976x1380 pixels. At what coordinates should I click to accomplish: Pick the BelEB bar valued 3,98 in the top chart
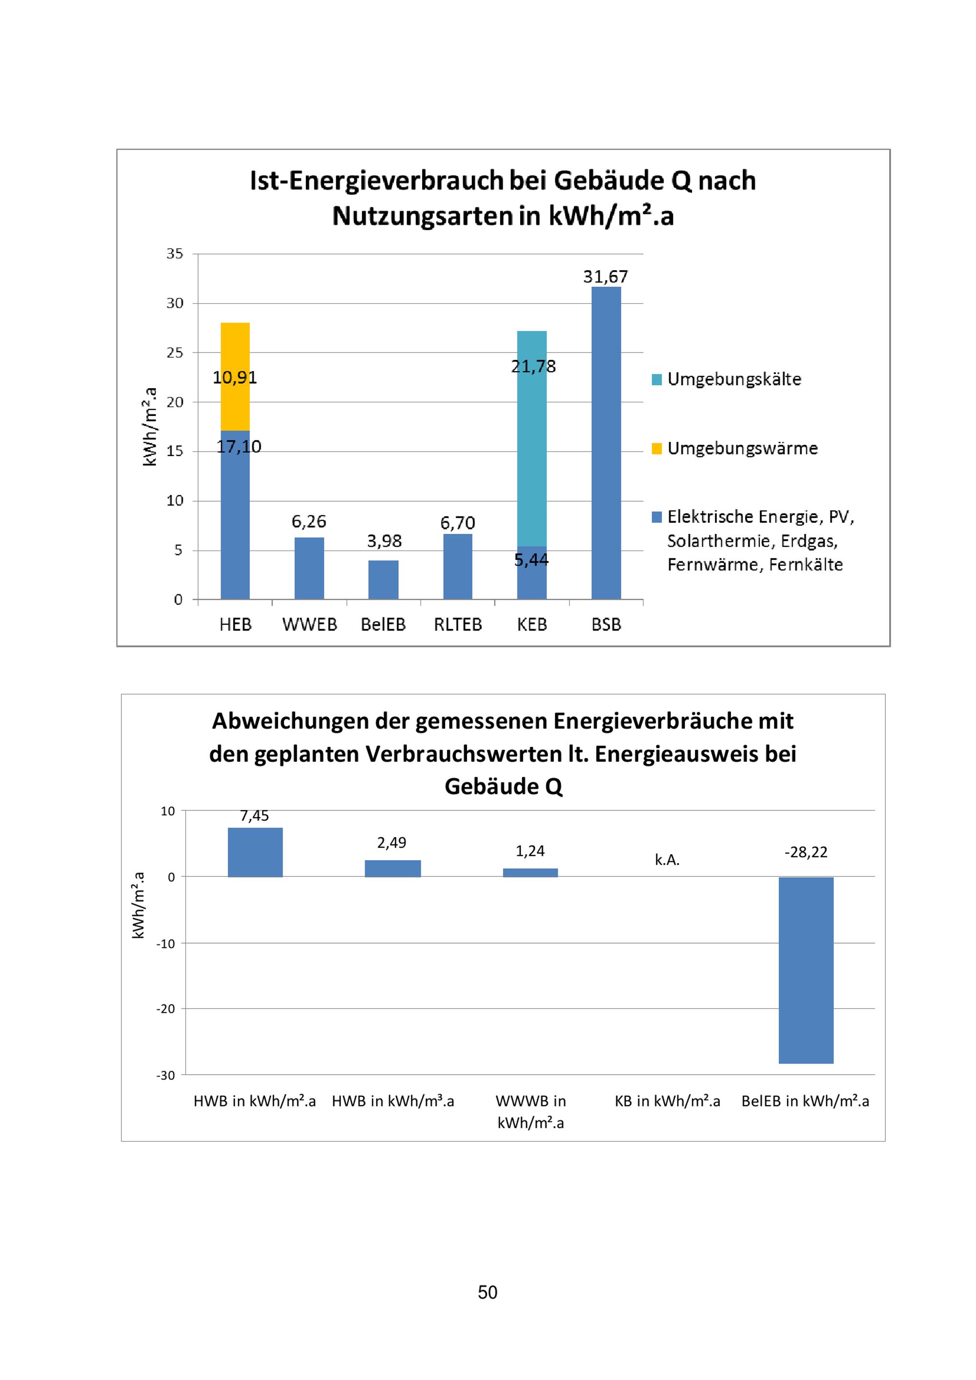pos(383,579)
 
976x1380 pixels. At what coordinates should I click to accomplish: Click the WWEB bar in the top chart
pos(309,568)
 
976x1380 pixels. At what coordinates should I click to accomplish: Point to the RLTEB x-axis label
pos(458,625)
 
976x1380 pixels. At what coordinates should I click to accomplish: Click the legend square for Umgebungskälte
pos(657,379)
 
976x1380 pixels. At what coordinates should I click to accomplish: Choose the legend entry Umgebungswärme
pos(742,449)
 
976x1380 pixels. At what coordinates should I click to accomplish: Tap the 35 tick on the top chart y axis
pos(175,254)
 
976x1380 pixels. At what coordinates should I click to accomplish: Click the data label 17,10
pos(239,447)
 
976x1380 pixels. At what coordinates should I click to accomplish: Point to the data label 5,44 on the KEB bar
pos(531,560)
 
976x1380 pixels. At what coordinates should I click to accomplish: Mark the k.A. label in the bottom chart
pos(667,860)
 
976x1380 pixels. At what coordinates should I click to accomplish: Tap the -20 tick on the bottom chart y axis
pos(166,1008)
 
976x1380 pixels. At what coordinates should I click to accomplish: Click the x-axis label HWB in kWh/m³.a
pos(393,1101)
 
